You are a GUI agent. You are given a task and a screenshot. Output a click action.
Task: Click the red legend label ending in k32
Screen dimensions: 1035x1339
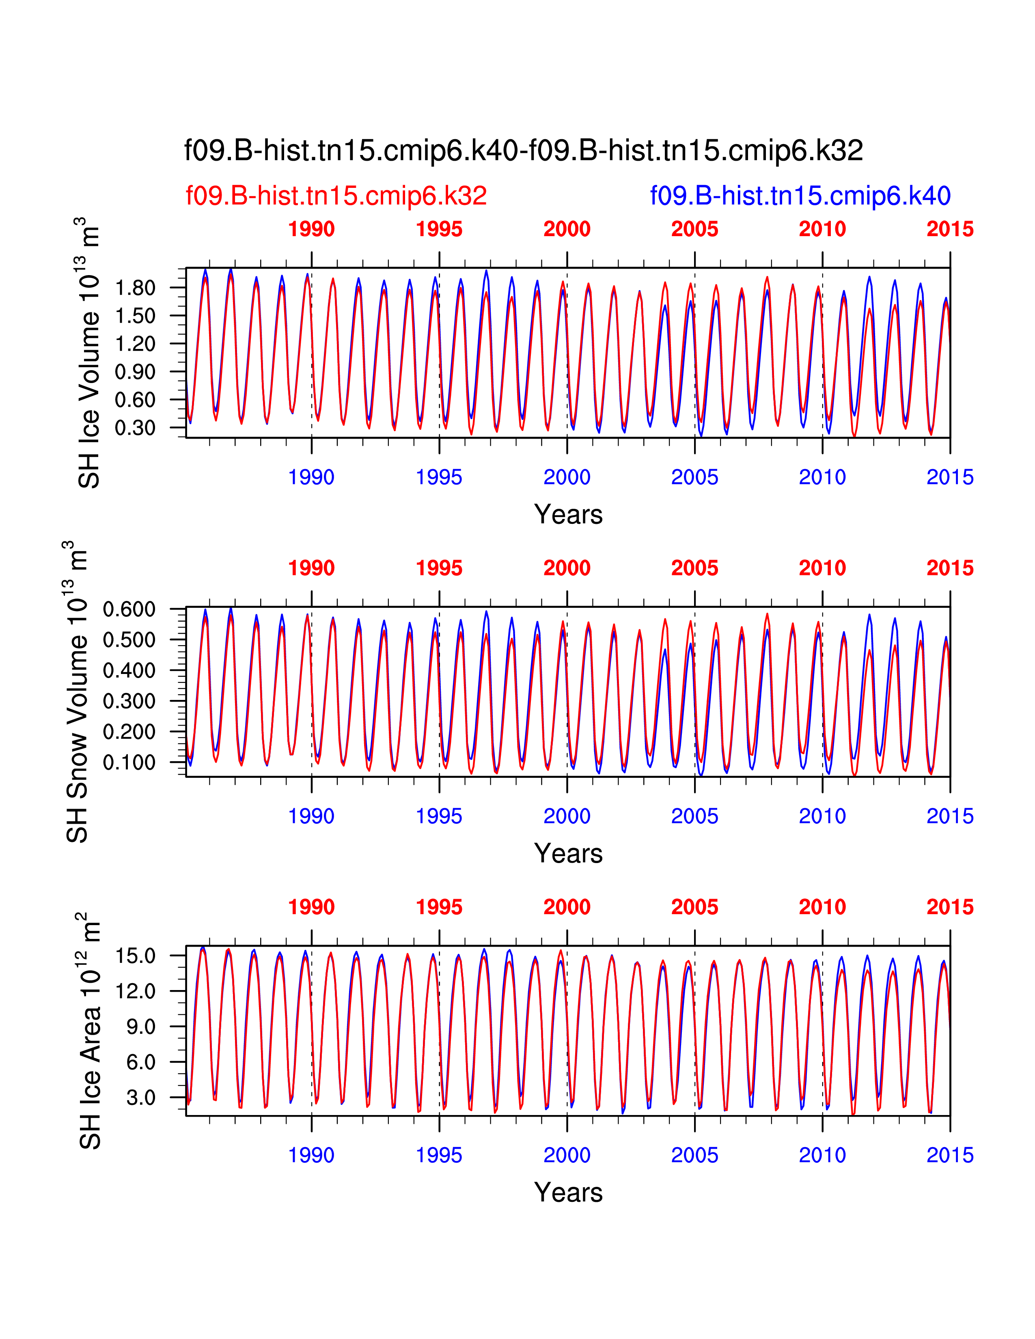pos(336,196)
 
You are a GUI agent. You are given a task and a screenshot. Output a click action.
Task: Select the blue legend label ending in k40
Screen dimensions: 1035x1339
pos(800,196)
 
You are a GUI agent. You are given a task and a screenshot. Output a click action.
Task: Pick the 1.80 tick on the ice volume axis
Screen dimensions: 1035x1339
pos(135,288)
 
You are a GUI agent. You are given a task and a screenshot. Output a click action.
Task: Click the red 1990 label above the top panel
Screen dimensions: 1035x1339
pos(311,229)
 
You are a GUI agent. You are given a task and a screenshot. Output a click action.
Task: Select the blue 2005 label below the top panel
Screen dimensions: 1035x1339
pos(695,477)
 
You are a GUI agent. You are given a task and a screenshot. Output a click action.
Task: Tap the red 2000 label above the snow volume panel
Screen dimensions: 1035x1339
pos(567,568)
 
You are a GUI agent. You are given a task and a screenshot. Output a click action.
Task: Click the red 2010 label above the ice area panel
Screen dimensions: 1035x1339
pos(822,907)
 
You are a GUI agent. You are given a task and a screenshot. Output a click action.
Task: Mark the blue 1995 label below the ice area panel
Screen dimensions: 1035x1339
pos(439,1155)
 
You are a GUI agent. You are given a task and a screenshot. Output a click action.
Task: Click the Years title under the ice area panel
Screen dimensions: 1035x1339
pos(568,1193)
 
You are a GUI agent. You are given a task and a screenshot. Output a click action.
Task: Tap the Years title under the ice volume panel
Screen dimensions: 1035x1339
pos(568,515)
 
